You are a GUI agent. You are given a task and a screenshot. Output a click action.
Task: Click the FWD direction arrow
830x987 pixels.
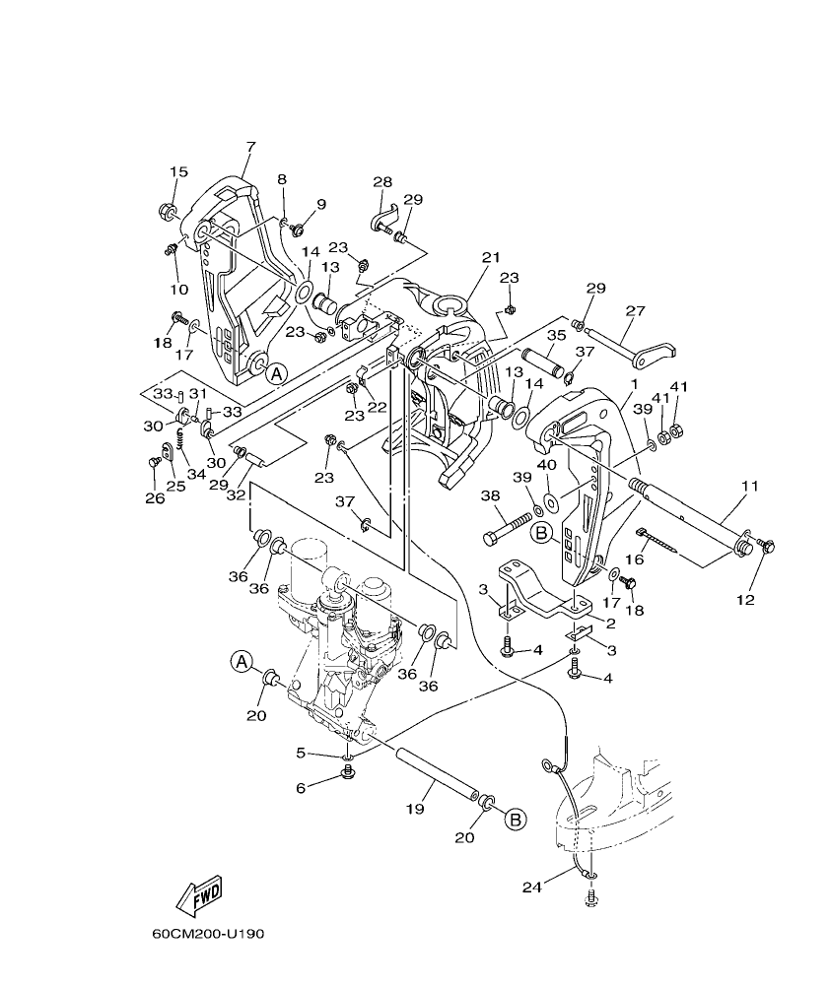click(198, 894)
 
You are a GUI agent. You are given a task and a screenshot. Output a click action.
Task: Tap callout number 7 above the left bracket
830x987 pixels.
click(250, 147)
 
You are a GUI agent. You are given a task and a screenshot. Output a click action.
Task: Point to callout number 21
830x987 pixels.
click(491, 257)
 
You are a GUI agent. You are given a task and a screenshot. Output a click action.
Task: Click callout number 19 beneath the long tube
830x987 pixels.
click(415, 808)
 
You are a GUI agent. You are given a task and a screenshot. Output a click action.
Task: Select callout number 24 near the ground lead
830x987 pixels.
click(533, 888)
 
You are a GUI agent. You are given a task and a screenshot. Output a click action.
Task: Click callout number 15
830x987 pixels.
click(177, 172)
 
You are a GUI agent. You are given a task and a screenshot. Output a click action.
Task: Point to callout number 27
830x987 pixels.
click(635, 310)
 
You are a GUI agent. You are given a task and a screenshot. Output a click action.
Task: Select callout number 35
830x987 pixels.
click(556, 335)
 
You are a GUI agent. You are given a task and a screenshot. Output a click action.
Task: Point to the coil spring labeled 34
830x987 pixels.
click(194, 449)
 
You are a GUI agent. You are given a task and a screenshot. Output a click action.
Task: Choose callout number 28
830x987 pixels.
click(382, 182)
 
